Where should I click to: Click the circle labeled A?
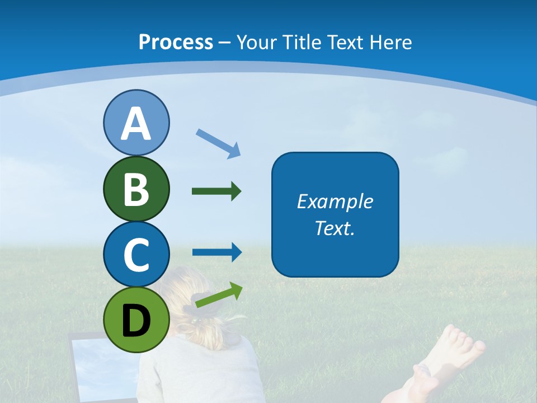(x=136, y=123)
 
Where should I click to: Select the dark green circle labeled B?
(x=136, y=189)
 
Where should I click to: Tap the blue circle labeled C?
(x=136, y=254)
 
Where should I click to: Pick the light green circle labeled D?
(x=136, y=320)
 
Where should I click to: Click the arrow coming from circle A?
(x=219, y=143)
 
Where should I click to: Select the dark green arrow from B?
(x=216, y=191)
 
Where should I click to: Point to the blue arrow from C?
(x=216, y=252)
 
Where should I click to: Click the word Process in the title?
(x=176, y=42)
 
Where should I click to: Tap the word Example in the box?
(x=335, y=201)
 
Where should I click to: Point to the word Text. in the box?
(x=335, y=228)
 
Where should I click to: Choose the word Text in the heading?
(x=343, y=42)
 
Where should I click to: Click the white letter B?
(x=136, y=189)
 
